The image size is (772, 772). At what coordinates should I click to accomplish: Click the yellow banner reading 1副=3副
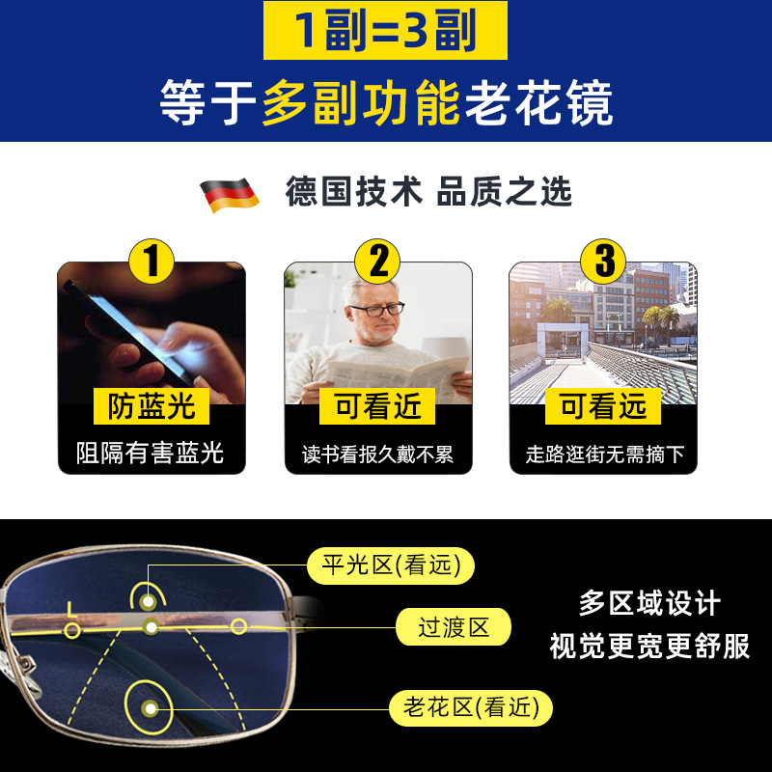point(385,33)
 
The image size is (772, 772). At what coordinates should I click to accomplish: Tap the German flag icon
point(229,194)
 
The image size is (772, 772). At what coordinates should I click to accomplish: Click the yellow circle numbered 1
point(152,262)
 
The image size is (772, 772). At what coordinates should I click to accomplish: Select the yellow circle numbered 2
point(378,262)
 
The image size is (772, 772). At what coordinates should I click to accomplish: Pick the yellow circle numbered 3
point(604,262)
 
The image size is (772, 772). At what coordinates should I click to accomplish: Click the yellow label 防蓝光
point(152,406)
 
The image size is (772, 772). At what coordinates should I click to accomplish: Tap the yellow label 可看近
point(378,406)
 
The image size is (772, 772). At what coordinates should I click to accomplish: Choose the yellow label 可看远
point(604,406)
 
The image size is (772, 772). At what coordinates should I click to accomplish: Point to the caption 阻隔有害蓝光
point(152,454)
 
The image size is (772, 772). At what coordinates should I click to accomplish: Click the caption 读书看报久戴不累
point(378,455)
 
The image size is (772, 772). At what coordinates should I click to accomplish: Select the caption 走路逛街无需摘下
point(604,455)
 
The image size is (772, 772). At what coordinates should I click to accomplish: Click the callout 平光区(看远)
point(391,565)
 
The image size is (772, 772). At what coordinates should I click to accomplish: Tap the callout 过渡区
point(453,628)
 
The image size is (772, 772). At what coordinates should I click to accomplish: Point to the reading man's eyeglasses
point(376,310)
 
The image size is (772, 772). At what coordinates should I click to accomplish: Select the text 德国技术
point(353,192)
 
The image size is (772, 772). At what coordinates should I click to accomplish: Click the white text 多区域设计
point(649,604)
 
